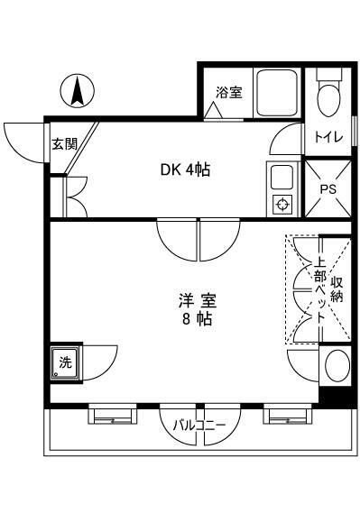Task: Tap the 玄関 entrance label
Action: (x=64, y=142)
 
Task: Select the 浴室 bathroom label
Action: (x=228, y=91)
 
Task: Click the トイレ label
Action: (x=327, y=138)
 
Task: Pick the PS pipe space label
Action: (x=328, y=188)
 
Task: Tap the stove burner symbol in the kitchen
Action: (x=282, y=204)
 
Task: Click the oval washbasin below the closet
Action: (x=336, y=368)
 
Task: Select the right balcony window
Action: (x=287, y=416)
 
